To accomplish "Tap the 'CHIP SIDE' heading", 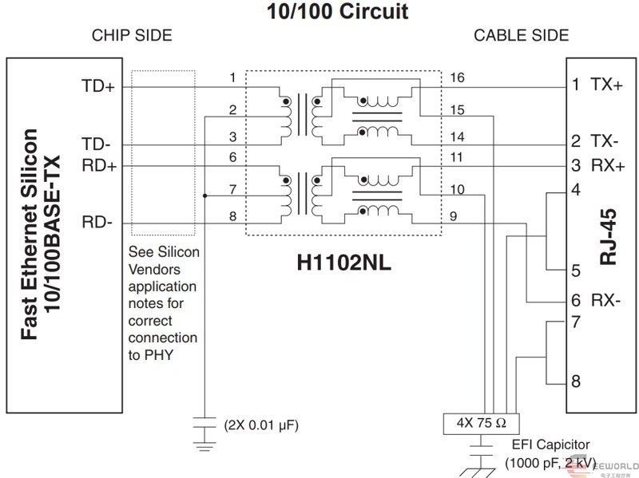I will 132,36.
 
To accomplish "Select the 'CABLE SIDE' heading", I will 521,36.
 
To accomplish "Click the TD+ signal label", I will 98,86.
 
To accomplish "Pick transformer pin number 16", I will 457,77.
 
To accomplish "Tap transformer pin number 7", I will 232,190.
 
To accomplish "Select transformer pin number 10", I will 457,190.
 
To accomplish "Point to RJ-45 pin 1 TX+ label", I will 597,85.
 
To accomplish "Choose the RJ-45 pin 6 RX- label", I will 597,302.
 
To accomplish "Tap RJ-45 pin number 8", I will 576,381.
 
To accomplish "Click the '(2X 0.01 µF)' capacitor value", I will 261,425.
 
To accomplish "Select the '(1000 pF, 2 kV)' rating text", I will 550,463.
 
